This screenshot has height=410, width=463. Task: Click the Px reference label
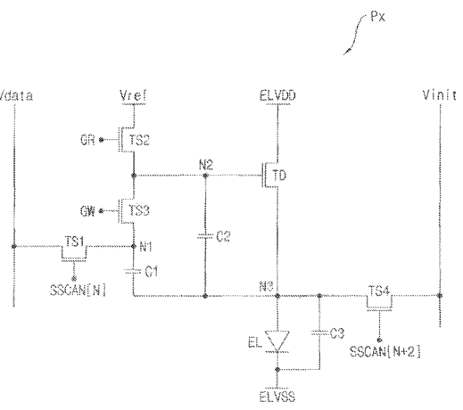coord(377,16)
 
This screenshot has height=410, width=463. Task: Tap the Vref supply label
coord(133,95)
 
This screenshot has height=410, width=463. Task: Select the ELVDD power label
coord(277,96)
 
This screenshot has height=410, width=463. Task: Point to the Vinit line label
coord(439,95)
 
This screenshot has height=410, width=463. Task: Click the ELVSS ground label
coord(277,397)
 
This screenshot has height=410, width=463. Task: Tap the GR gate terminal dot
coord(101,140)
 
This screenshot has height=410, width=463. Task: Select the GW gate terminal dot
coord(101,211)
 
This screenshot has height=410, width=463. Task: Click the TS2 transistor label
coord(139,140)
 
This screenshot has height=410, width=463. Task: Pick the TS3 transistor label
coord(139,210)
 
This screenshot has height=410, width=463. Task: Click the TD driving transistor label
coord(279,176)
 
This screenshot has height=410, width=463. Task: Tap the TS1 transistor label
coord(74,242)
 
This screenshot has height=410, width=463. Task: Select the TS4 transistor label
coord(379,291)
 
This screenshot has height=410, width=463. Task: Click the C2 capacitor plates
coord(205,236)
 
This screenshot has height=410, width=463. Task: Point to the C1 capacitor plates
coord(133,271)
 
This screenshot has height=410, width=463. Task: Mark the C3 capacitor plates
coord(319,332)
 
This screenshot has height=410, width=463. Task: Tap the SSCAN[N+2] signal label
coord(385,352)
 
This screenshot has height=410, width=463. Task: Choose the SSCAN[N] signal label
coord(78,290)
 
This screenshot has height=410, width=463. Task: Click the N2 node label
coord(206,165)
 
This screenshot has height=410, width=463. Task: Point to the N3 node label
coord(266,286)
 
